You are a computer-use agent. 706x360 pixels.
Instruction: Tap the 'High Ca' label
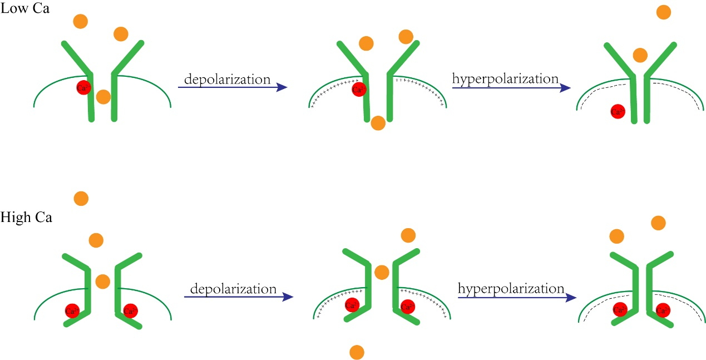(26, 218)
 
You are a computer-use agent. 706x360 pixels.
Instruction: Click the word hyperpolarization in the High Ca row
(511, 289)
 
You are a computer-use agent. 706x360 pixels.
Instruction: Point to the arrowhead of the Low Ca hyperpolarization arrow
(565, 87)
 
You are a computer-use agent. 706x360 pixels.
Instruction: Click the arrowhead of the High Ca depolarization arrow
(288, 297)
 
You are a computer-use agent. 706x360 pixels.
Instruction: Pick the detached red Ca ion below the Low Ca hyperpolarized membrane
(616, 111)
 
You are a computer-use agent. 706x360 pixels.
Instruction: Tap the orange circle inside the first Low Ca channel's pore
(103, 97)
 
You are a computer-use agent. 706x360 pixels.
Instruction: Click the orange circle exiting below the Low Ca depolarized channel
(378, 123)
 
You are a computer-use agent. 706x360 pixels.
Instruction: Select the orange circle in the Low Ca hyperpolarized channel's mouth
(640, 55)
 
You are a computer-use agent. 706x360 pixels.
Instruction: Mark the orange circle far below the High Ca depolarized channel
(357, 352)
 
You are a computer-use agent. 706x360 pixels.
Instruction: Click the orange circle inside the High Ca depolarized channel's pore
(381, 272)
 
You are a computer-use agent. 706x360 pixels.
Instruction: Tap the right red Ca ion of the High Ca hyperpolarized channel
(663, 310)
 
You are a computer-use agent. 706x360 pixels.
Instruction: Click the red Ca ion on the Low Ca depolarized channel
(359, 88)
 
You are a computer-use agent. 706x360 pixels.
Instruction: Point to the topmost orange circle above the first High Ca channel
(81, 198)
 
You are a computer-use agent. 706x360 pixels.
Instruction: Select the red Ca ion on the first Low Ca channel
(83, 87)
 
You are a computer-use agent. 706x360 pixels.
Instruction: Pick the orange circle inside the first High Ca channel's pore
(102, 281)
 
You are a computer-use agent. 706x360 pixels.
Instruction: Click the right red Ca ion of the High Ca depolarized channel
(407, 306)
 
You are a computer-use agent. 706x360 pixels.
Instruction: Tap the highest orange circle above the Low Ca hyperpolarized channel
(664, 12)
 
